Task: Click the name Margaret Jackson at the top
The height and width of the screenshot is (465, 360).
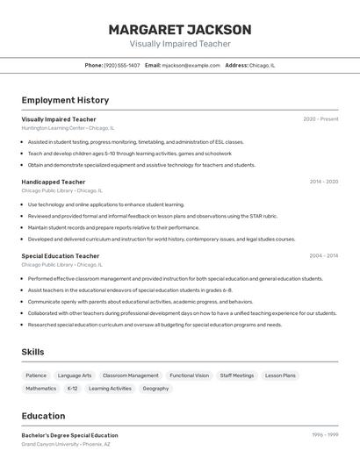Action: tap(180, 29)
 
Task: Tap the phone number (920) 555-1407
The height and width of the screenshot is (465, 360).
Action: tap(122, 65)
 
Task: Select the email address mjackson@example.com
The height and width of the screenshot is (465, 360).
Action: tap(191, 65)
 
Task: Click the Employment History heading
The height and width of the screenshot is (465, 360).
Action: tap(65, 100)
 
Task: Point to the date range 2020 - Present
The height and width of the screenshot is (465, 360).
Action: tap(320, 119)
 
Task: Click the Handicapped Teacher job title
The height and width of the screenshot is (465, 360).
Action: tap(54, 182)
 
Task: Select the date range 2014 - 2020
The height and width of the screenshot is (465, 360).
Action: tap(323, 182)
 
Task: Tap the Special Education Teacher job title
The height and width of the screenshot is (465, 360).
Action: tap(61, 256)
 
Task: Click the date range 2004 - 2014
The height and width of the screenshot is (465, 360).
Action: tap(323, 256)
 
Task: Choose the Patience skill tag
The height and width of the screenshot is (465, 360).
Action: tap(36, 376)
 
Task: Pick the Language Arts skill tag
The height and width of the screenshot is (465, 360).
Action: tap(75, 376)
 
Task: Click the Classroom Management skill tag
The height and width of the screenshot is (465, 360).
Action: tap(131, 376)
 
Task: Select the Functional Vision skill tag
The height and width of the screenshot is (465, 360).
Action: tap(190, 376)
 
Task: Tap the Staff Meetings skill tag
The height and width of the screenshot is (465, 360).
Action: tap(237, 376)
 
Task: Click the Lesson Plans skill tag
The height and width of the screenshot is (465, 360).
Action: tap(281, 376)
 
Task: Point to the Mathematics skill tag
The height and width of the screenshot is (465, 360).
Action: tap(40, 389)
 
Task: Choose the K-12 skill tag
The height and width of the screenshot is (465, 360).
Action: tap(73, 389)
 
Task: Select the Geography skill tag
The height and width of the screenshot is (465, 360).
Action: tap(155, 389)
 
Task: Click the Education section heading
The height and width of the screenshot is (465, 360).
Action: tap(43, 416)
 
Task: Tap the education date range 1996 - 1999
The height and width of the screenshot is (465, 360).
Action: tap(324, 435)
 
